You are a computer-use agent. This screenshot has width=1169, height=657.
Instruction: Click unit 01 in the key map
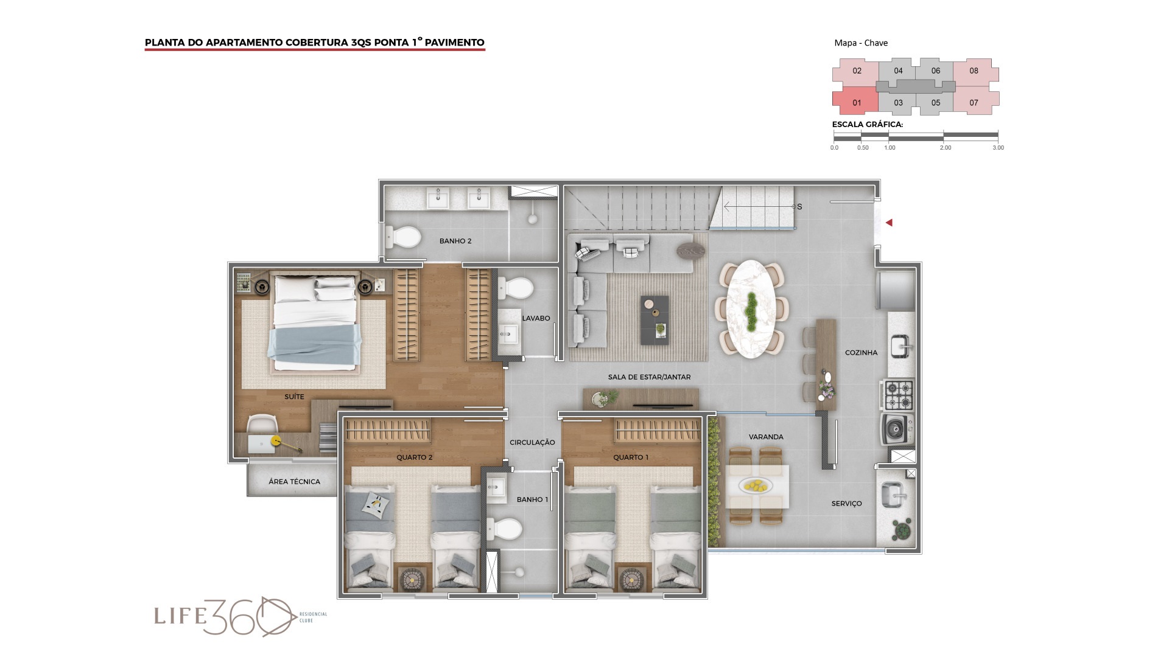coord(855,102)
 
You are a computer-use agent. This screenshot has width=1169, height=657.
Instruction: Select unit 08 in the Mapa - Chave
coord(975,71)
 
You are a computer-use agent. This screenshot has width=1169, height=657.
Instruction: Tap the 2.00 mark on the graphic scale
coord(945,148)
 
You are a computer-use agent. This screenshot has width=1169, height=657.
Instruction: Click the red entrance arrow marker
coord(889,223)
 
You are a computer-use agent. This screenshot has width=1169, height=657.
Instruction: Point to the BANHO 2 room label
coord(455,241)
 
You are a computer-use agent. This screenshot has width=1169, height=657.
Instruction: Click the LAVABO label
coord(536,318)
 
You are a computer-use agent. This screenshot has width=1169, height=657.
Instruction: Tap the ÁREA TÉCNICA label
coord(294,482)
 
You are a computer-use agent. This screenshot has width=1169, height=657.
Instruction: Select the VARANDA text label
coord(766,437)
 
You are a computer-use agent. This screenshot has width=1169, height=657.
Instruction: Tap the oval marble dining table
coord(752,309)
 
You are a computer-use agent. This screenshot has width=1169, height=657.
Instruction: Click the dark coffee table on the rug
coord(655,320)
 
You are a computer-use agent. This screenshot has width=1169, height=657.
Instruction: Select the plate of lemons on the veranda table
coord(756,485)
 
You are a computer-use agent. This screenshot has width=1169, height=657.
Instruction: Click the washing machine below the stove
coord(897,429)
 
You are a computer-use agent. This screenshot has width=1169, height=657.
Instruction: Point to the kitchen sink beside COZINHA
coord(902,347)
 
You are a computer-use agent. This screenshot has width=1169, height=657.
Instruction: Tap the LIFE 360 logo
coord(240,616)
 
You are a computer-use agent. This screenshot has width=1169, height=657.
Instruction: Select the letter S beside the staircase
coord(799,207)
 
